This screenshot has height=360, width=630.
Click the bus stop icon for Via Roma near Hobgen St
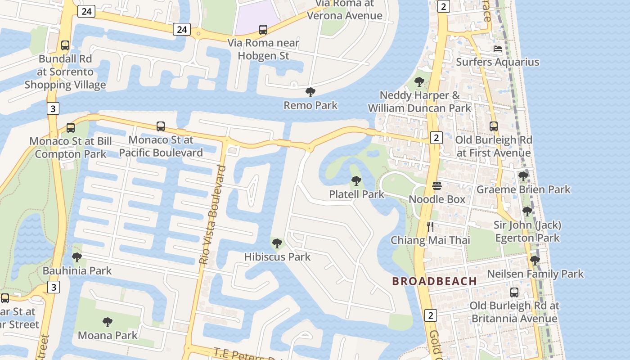tap(263, 30)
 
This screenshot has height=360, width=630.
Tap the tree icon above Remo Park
tap(310, 92)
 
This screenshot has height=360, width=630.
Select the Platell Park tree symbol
tap(356, 181)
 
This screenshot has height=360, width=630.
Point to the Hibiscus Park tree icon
tap(277, 243)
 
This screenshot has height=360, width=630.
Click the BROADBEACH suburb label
tap(434, 281)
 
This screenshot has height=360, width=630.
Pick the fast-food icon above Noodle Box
tap(437, 185)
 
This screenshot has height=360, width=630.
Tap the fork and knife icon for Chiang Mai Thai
tap(430, 226)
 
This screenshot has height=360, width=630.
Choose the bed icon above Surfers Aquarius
tap(497, 49)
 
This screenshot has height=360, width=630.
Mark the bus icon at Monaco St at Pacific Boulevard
tap(161, 126)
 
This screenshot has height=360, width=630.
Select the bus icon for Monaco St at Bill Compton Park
tap(71, 127)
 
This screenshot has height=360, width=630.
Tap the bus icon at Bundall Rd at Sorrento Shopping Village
tap(65, 45)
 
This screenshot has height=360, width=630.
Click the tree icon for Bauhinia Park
tap(77, 257)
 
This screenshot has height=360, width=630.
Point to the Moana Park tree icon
tap(107, 322)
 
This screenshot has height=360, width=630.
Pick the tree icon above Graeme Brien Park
tap(523, 176)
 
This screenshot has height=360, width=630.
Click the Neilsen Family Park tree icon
tap(535, 260)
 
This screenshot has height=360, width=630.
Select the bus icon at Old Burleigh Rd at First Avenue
tap(494, 126)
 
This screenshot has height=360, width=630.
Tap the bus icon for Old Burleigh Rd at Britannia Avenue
tap(514, 292)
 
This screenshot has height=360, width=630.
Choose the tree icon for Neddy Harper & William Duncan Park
tap(419, 82)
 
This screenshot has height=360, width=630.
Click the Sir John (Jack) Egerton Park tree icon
tap(527, 211)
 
